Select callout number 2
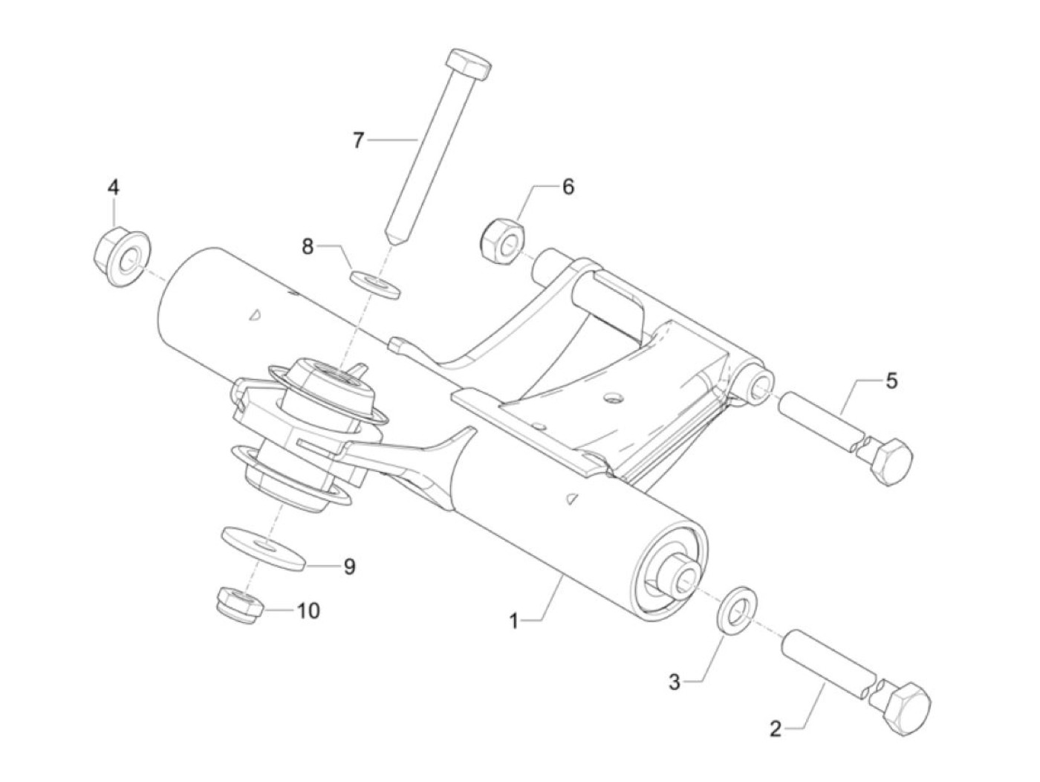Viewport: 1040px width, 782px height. point(776,729)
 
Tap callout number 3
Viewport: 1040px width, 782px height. point(674,682)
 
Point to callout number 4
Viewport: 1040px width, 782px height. point(113,187)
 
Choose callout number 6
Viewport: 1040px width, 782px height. point(568,186)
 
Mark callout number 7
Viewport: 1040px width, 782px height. point(359,140)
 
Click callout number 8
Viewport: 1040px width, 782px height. point(308,246)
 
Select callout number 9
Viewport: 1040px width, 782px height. point(348,567)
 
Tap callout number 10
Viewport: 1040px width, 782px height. point(308,611)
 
